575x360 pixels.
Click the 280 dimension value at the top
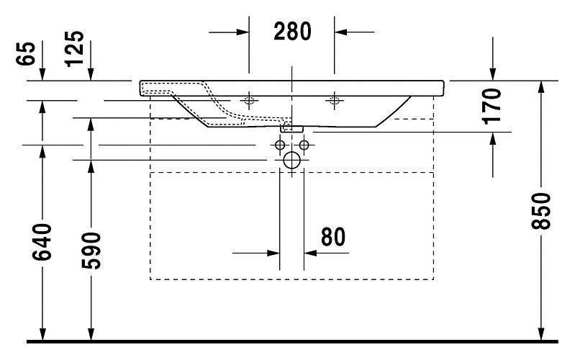pos(292,31)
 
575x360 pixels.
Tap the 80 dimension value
pos(333,237)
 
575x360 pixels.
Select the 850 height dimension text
pos(541,211)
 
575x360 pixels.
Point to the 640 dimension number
pos(42,242)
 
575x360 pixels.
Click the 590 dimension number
pos(91,251)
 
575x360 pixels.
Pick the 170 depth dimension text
pos(492,106)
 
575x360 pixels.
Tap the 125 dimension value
pos(74,49)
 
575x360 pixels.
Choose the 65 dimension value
pos(26,53)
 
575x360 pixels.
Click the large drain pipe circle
pos(292,161)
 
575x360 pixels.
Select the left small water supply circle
pos(280,145)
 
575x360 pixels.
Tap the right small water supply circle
pos(304,145)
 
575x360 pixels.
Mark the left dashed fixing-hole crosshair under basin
pos(249,100)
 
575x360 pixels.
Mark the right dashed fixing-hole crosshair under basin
pos(334,100)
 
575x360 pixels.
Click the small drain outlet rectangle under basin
pos(292,129)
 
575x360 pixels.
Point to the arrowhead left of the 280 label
pos(243,32)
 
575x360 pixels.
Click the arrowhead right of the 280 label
pos(340,32)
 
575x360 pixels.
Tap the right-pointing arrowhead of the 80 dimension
pos(273,253)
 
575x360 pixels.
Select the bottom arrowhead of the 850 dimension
pos(541,333)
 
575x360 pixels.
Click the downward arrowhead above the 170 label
pos(492,73)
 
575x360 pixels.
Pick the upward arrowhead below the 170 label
pos(492,138)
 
